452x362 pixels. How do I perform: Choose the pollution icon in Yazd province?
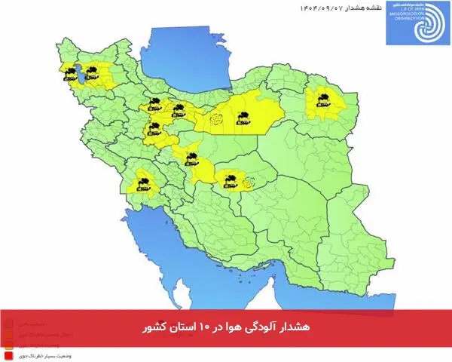pyautogui.click(x=231, y=179)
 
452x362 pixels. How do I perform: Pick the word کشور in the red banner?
pyautogui.click(x=154, y=330)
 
